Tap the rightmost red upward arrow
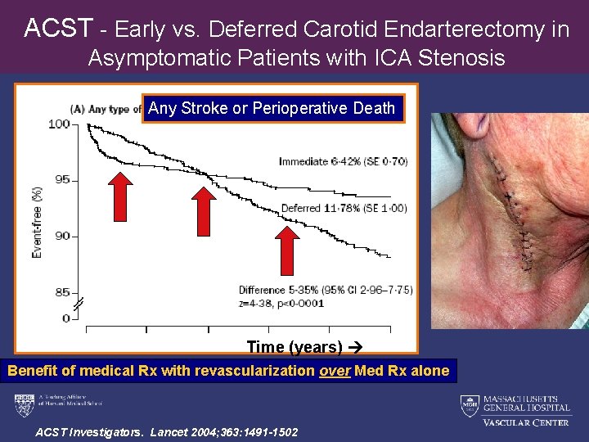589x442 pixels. [286, 250]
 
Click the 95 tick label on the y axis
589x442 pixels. [59, 180]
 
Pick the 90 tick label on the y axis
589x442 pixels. [59, 237]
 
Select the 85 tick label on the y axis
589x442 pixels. [59, 292]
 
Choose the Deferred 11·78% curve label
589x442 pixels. [344, 208]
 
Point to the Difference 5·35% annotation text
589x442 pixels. [326, 290]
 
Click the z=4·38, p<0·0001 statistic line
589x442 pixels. [281, 303]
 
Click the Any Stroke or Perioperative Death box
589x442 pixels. [272, 108]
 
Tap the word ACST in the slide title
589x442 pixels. [58, 29]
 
